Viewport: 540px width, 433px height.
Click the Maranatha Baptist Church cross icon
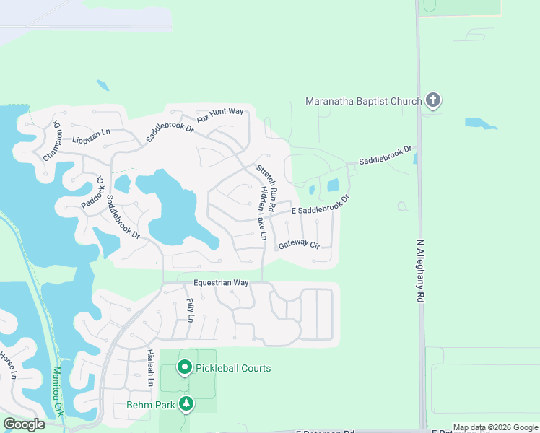(433, 100)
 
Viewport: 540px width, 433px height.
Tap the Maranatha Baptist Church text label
(363, 101)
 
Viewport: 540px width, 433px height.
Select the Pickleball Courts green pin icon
(184, 368)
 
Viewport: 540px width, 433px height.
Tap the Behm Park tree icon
(187, 404)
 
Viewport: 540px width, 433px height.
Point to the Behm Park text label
(151, 405)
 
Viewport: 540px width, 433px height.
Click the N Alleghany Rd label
(420, 271)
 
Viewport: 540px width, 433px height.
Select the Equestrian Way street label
(221, 283)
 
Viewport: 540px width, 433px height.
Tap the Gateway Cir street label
(299, 244)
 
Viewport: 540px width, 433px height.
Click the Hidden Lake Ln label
(261, 214)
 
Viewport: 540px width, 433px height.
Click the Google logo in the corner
(24, 424)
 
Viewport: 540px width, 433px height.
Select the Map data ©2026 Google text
(495, 427)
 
